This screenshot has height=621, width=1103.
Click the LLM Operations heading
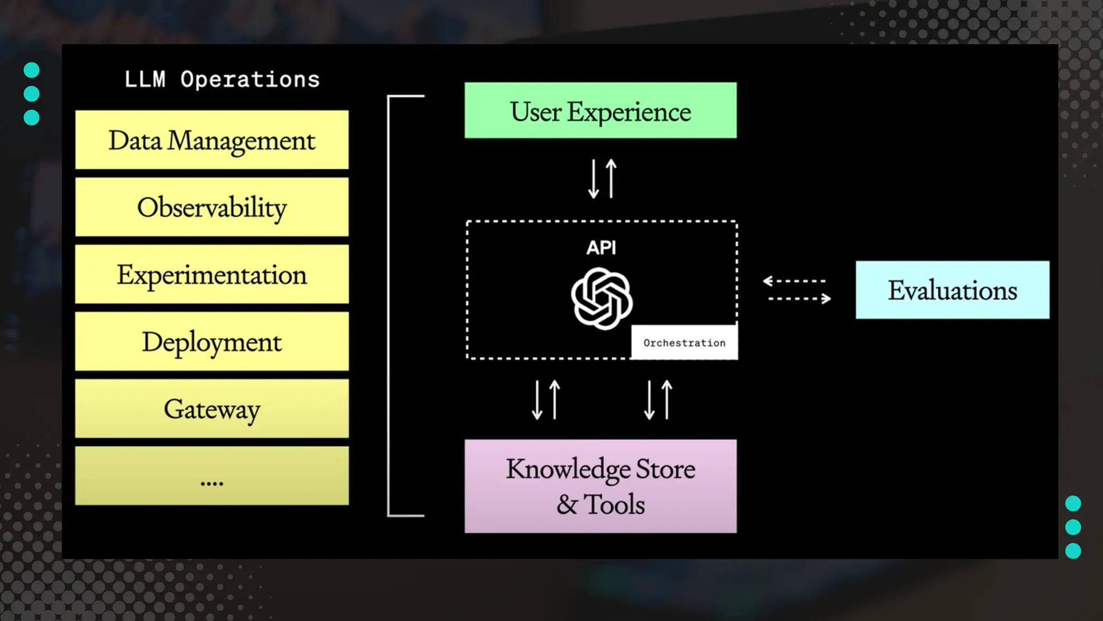[222, 80]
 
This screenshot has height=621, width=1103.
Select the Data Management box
[212, 140]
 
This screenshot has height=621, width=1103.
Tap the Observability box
[212, 208]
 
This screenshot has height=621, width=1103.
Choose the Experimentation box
[212, 274]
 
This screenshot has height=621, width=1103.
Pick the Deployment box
[212, 342]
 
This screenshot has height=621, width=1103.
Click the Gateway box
[212, 409]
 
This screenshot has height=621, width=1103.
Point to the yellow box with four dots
[212, 476]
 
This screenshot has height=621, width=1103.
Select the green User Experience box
[601, 111]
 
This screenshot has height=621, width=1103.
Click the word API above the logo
[601, 247]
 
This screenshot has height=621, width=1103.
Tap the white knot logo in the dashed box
[602, 299]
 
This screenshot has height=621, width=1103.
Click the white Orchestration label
[684, 343]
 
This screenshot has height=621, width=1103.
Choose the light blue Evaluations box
[952, 290]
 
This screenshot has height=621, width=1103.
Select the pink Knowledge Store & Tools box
[601, 486]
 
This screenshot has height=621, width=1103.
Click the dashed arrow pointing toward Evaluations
[800, 298]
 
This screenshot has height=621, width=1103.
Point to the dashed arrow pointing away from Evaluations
[794, 281]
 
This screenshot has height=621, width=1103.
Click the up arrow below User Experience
[611, 178]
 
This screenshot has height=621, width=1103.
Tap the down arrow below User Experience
[594, 179]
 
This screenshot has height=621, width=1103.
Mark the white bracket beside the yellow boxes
[389, 306]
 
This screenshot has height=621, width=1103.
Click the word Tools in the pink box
[614, 505]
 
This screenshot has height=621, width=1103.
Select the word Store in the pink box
[666, 468]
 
